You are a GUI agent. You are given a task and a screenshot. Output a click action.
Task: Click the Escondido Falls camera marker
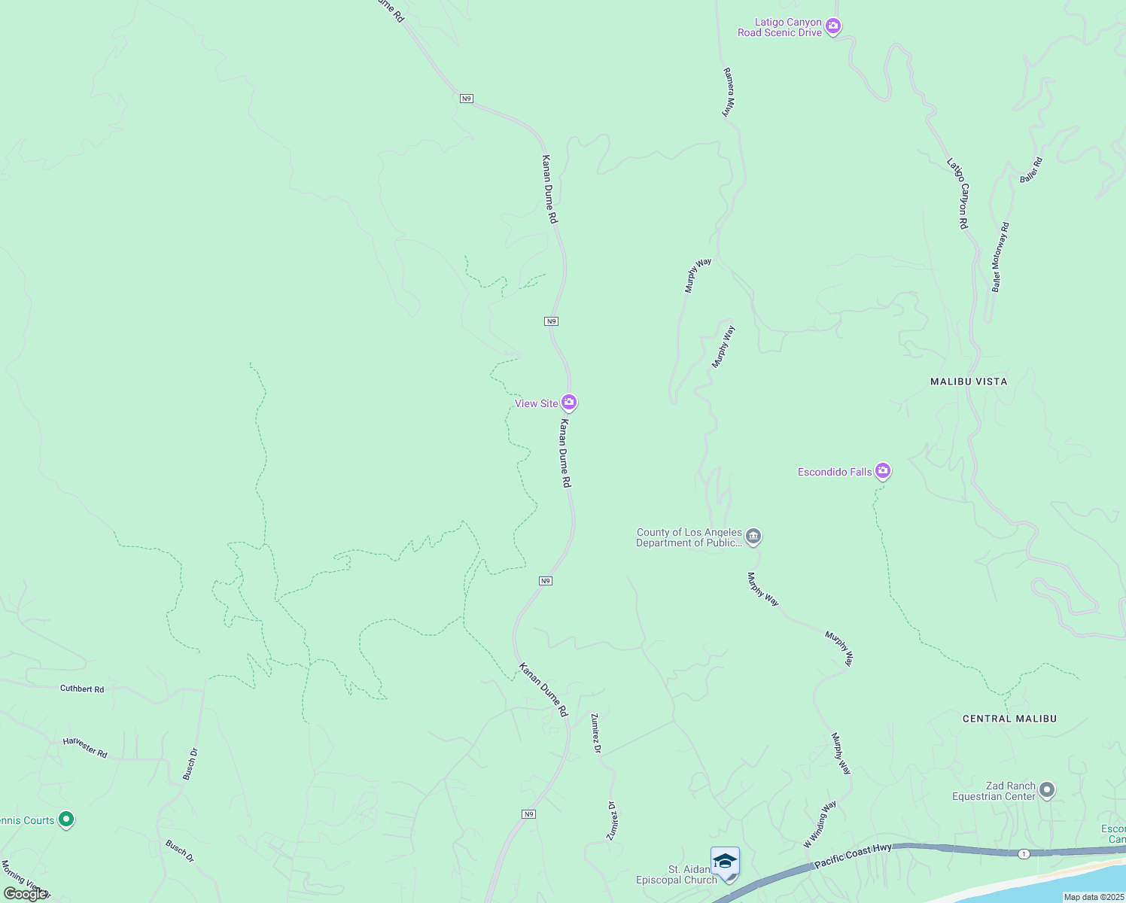coord(883,471)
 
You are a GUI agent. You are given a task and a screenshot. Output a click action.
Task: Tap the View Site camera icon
coord(569,403)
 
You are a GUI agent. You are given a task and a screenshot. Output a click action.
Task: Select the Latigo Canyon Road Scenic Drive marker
coord(832,26)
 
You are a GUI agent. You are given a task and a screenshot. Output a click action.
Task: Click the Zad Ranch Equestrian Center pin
coord(1047,790)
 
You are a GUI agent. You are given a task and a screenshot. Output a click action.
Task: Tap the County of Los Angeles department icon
coord(753,537)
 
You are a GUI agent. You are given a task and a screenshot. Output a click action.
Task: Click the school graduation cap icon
coord(725,861)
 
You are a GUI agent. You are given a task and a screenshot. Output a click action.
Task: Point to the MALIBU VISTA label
coord(969,382)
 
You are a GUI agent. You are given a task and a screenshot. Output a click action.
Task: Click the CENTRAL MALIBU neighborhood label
coord(1009,719)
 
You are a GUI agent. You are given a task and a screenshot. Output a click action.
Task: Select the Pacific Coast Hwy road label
coord(853,856)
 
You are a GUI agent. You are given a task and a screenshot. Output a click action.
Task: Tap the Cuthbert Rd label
coord(82,689)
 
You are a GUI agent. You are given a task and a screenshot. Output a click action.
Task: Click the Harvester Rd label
coord(85,747)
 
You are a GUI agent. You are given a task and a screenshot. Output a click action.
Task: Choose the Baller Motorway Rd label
coord(1000,257)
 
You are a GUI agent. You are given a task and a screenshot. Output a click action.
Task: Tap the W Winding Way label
coord(820,825)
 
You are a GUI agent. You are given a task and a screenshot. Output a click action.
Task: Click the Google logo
coord(24,894)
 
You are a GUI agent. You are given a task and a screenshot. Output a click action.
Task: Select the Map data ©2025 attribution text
coord(1094,897)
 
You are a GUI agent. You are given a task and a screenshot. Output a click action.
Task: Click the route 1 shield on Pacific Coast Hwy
coord(1024,853)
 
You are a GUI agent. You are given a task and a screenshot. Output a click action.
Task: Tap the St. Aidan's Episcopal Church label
coord(677,875)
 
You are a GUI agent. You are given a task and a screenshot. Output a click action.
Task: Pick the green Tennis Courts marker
coord(65,819)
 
